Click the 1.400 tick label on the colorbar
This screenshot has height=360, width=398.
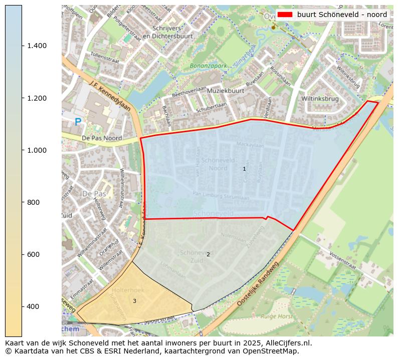coord(37,46)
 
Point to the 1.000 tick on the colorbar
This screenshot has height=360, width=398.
coord(37,150)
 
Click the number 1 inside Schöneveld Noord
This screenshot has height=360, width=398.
coord(244,169)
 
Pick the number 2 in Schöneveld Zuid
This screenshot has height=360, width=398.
coord(208,254)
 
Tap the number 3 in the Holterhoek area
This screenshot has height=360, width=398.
coord(134,301)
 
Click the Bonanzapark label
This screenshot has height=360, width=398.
coord(209,66)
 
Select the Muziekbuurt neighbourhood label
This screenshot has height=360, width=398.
coord(226,91)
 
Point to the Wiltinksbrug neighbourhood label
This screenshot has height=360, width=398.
coord(320,99)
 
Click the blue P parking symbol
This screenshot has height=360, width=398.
coord(78,122)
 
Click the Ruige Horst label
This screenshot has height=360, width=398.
coord(277,316)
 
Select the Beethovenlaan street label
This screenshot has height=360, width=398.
coord(189,92)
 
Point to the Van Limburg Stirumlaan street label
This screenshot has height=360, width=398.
coord(221,196)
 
